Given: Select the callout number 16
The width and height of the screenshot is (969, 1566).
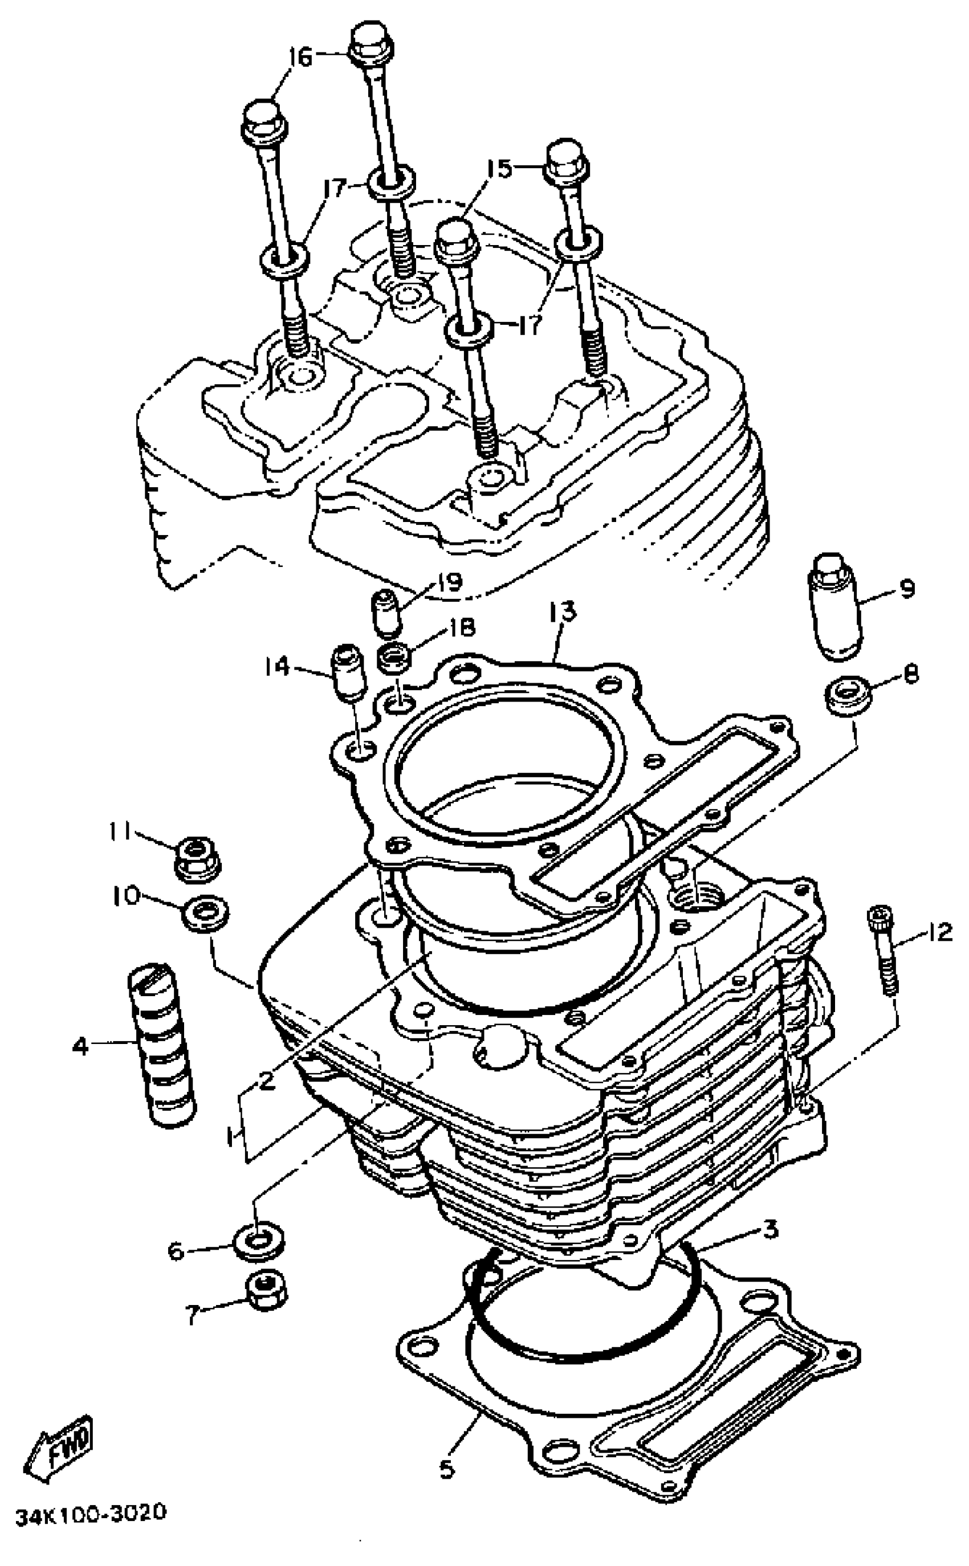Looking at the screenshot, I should (x=300, y=58).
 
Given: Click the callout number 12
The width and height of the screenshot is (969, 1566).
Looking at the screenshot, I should (x=940, y=933).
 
